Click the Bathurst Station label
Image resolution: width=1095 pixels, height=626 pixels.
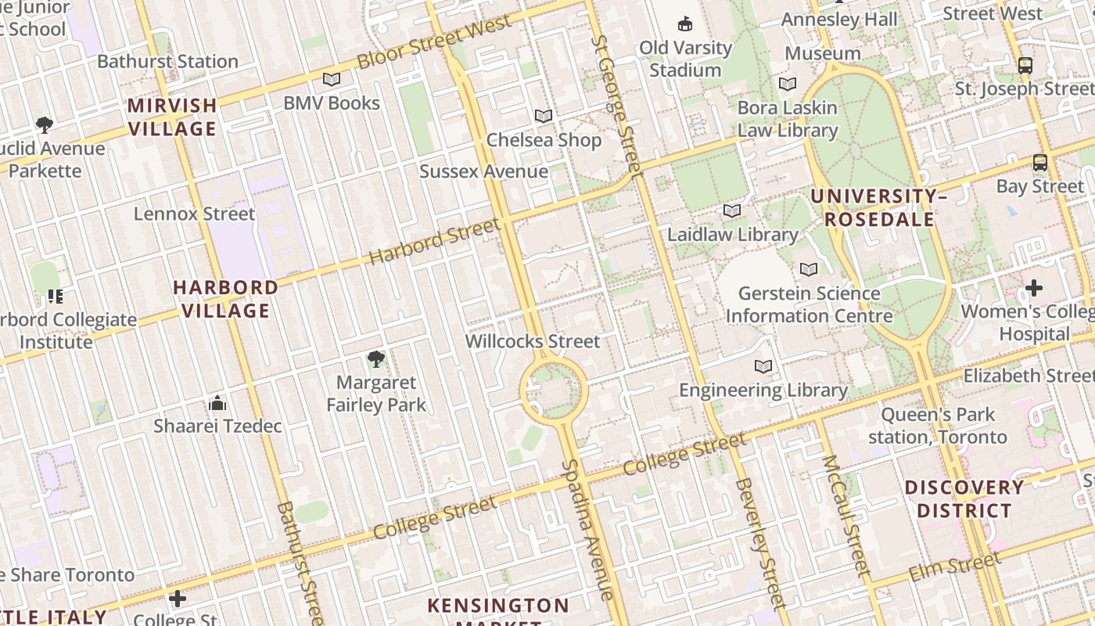click(167, 61)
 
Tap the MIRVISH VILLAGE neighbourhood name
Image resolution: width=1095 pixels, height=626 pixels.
click(172, 117)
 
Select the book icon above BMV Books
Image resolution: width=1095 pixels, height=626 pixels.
click(332, 79)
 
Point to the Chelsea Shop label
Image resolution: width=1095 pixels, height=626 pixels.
click(544, 140)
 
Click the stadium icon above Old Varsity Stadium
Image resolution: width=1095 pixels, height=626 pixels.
click(685, 23)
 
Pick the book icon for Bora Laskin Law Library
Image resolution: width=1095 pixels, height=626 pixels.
click(788, 84)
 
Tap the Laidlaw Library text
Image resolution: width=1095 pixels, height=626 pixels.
click(732, 234)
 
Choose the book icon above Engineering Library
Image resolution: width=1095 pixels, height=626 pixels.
click(763, 366)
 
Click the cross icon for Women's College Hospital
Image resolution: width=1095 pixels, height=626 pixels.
click(1034, 288)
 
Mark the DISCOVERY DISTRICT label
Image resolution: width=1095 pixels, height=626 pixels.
click(964, 498)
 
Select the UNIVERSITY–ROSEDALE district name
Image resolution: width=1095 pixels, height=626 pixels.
click(878, 207)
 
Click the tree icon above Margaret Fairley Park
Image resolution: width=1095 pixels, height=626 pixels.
click(376, 359)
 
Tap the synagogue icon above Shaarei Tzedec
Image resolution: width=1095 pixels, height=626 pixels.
click(217, 404)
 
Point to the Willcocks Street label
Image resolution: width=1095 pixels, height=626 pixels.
click(533, 341)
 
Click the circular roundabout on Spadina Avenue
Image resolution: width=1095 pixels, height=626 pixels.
click(553, 389)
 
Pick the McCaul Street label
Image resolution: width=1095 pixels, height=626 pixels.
click(846, 516)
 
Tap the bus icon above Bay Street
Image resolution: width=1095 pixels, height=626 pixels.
click(1039, 163)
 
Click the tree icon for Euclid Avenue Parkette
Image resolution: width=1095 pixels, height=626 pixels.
click(45, 124)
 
